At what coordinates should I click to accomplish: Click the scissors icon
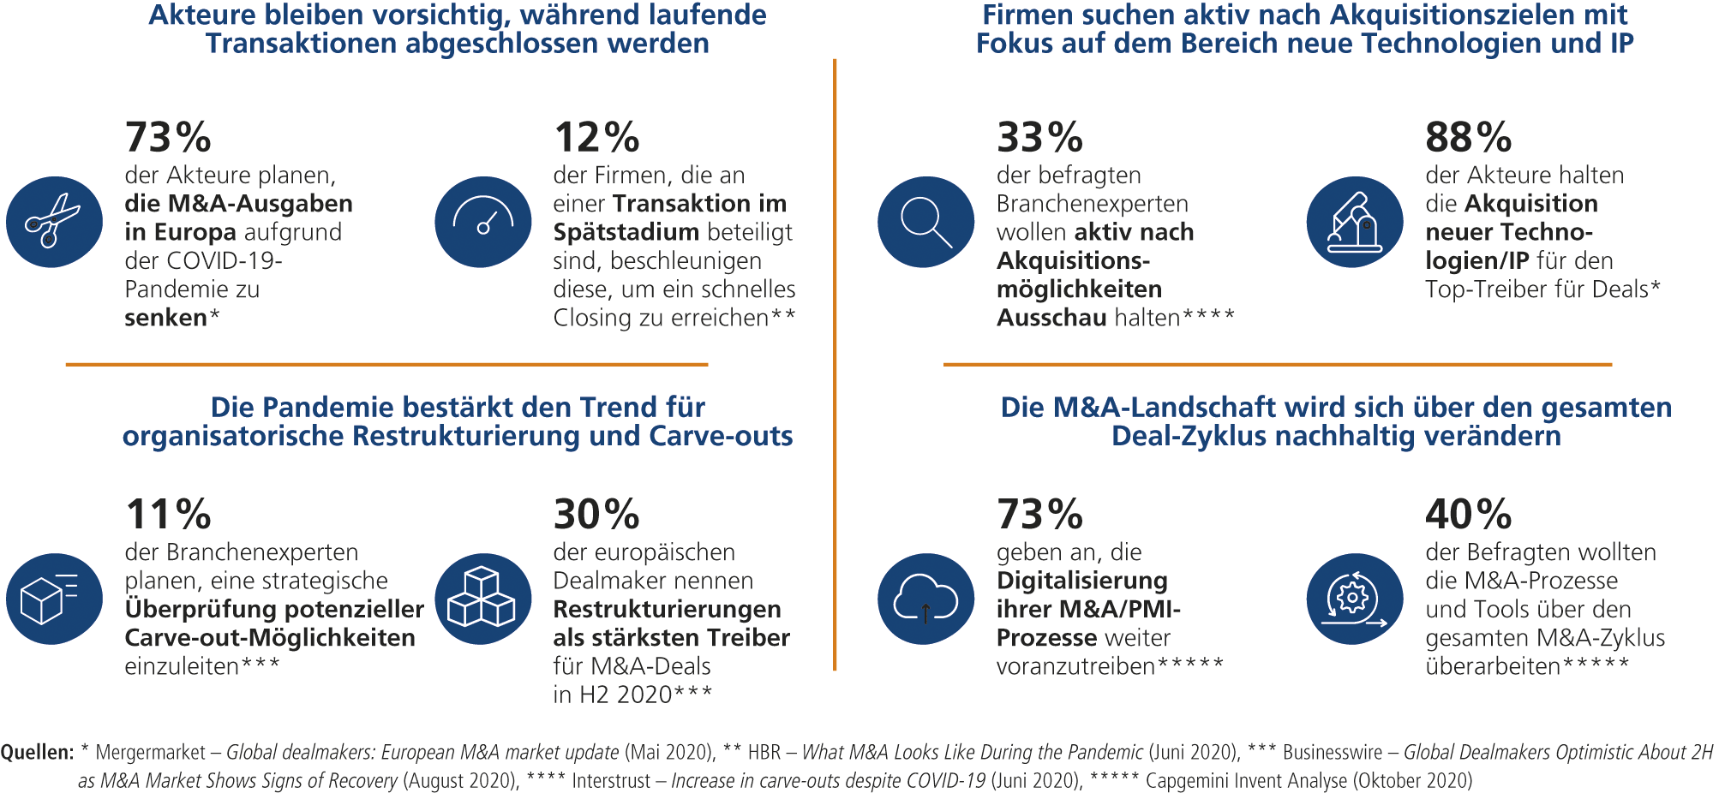click(x=54, y=222)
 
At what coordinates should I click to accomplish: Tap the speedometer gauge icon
click(x=483, y=222)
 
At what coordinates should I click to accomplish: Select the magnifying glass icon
click(x=925, y=222)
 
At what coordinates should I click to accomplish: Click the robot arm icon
click(x=1355, y=222)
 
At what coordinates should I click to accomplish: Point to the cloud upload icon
click(x=925, y=599)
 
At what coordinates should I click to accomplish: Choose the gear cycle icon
click(x=1355, y=599)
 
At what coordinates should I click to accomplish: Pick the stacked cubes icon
click(x=483, y=599)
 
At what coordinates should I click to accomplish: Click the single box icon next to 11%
click(x=54, y=599)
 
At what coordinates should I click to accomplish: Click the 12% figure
click(x=596, y=137)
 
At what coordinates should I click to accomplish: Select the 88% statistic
click(x=1468, y=137)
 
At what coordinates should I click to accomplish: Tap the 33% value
click(x=1039, y=137)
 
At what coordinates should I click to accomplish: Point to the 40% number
click(x=1468, y=515)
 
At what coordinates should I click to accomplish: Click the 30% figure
click(x=596, y=515)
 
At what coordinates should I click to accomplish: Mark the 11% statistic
click(x=168, y=515)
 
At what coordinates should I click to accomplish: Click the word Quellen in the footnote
click(x=37, y=753)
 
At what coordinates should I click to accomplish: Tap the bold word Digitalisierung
click(x=1081, y=581)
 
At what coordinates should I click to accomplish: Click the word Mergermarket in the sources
click(x=150, y=753)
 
